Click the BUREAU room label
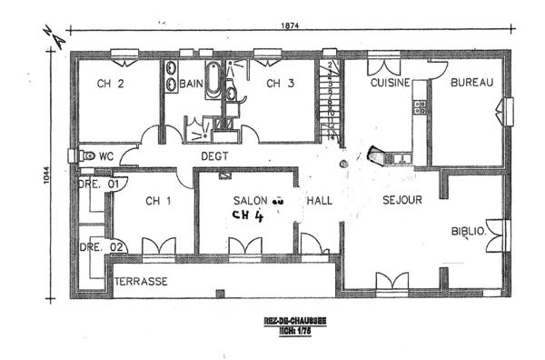472,83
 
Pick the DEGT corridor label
215,155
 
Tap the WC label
105,155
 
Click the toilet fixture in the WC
87,155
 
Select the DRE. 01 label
100,184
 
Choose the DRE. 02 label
100,246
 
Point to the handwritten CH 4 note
247,217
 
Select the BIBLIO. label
470,231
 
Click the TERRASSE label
140,282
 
